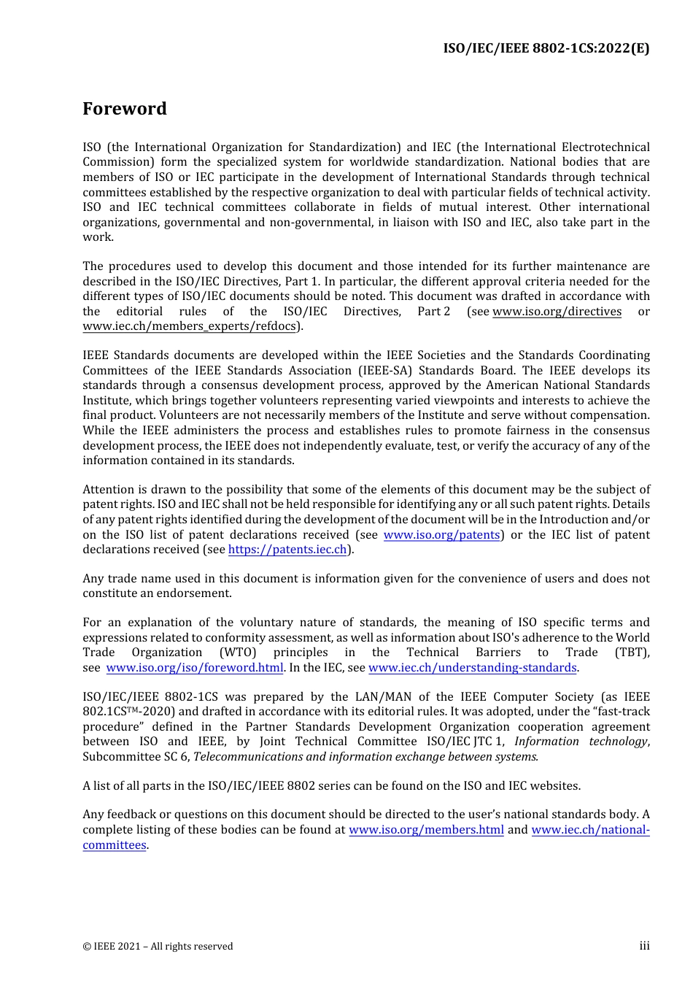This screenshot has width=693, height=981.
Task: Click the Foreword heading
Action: point(125,109)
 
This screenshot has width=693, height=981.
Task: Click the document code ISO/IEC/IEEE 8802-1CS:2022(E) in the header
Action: point(546,49)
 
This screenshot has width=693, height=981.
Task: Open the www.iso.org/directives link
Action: point(557,312)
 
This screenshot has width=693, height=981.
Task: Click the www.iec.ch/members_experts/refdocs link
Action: point(190,326)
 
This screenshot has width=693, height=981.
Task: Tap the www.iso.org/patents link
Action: point(441,535)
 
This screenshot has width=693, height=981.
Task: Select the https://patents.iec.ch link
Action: point(287,550)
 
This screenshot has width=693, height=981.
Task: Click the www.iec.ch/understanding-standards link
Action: point(473,668)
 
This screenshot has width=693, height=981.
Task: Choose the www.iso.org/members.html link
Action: point(426,830)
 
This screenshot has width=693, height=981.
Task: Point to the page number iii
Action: point(644,946)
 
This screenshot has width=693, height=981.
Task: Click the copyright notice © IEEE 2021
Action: point(158,947)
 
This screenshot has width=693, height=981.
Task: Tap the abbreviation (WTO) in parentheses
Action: point(238,653)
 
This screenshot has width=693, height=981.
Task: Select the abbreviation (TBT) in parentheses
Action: point(632,653)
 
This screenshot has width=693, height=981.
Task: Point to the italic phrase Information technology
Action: point(581,742)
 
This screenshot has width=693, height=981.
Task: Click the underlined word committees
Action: point(115,845)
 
